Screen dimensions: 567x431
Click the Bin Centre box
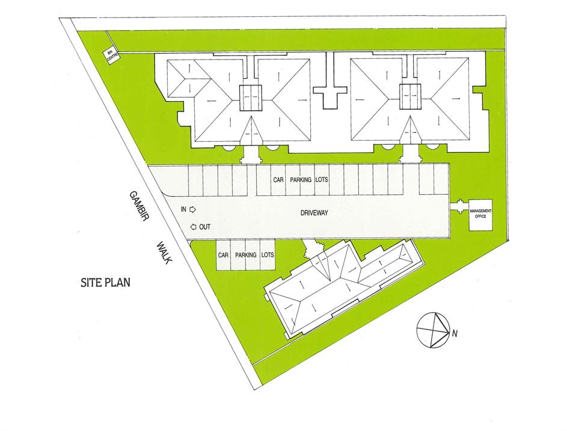click(x=111, y=57)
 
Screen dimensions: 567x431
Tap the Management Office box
click(x=481, y=215)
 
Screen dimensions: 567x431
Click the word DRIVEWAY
click(x=314, y=213)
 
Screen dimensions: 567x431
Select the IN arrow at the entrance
click(x=193, y=209)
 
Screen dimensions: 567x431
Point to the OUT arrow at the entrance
click(x=194, y=227)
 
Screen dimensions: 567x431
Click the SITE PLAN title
click(x=105, y=282)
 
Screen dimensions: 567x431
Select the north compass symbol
click(x=433, y=329)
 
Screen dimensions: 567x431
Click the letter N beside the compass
click(x=455, y=334)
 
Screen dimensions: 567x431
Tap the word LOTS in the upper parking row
click(x=322, y=179)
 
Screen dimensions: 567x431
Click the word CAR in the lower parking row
click(x=223, y=255)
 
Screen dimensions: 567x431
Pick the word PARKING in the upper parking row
click(x=301, y=179)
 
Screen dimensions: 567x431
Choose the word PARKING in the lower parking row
click(x=246, y=255)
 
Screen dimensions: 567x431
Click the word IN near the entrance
click(x=184, y=209)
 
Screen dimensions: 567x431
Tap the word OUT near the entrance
click(x=204, y=227)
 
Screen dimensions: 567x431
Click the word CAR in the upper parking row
click(x=278, y=179)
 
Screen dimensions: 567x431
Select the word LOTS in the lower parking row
click(x=268, y=255)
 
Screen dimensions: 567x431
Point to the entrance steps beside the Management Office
click(x=459, y=207)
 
